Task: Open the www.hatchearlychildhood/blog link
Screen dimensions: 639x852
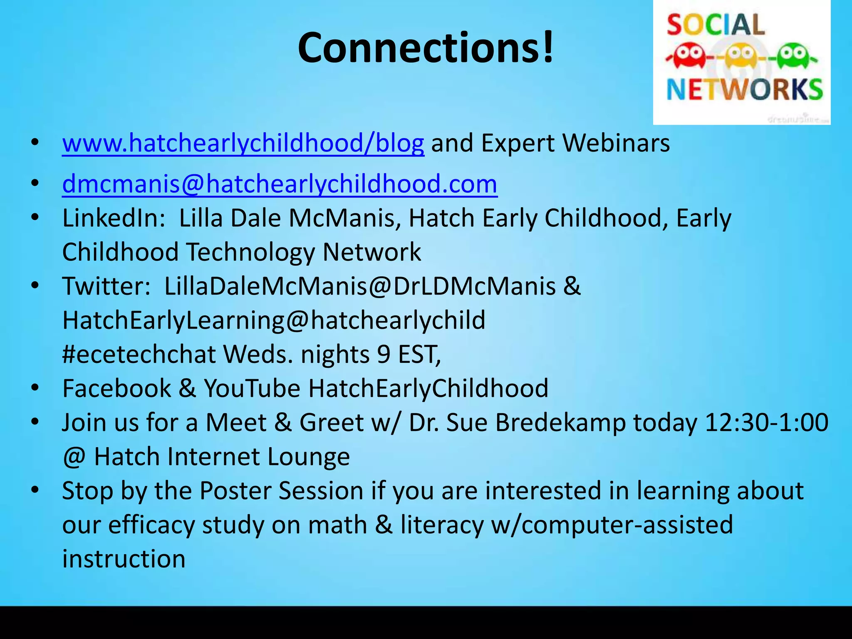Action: pos(243,143)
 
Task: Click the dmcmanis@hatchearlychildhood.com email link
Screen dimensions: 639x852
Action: pos(280,184)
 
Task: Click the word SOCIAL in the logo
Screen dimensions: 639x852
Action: pos(716,25)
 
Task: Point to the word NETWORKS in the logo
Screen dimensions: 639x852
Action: pos(744,89)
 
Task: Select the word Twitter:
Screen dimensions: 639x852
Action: pos(106,286)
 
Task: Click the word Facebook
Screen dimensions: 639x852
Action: pos(116,389)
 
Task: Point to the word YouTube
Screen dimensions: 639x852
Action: pos(252,389)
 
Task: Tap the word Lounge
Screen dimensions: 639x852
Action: pos(308,457)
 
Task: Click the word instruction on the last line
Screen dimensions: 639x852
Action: pos(124,559)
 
